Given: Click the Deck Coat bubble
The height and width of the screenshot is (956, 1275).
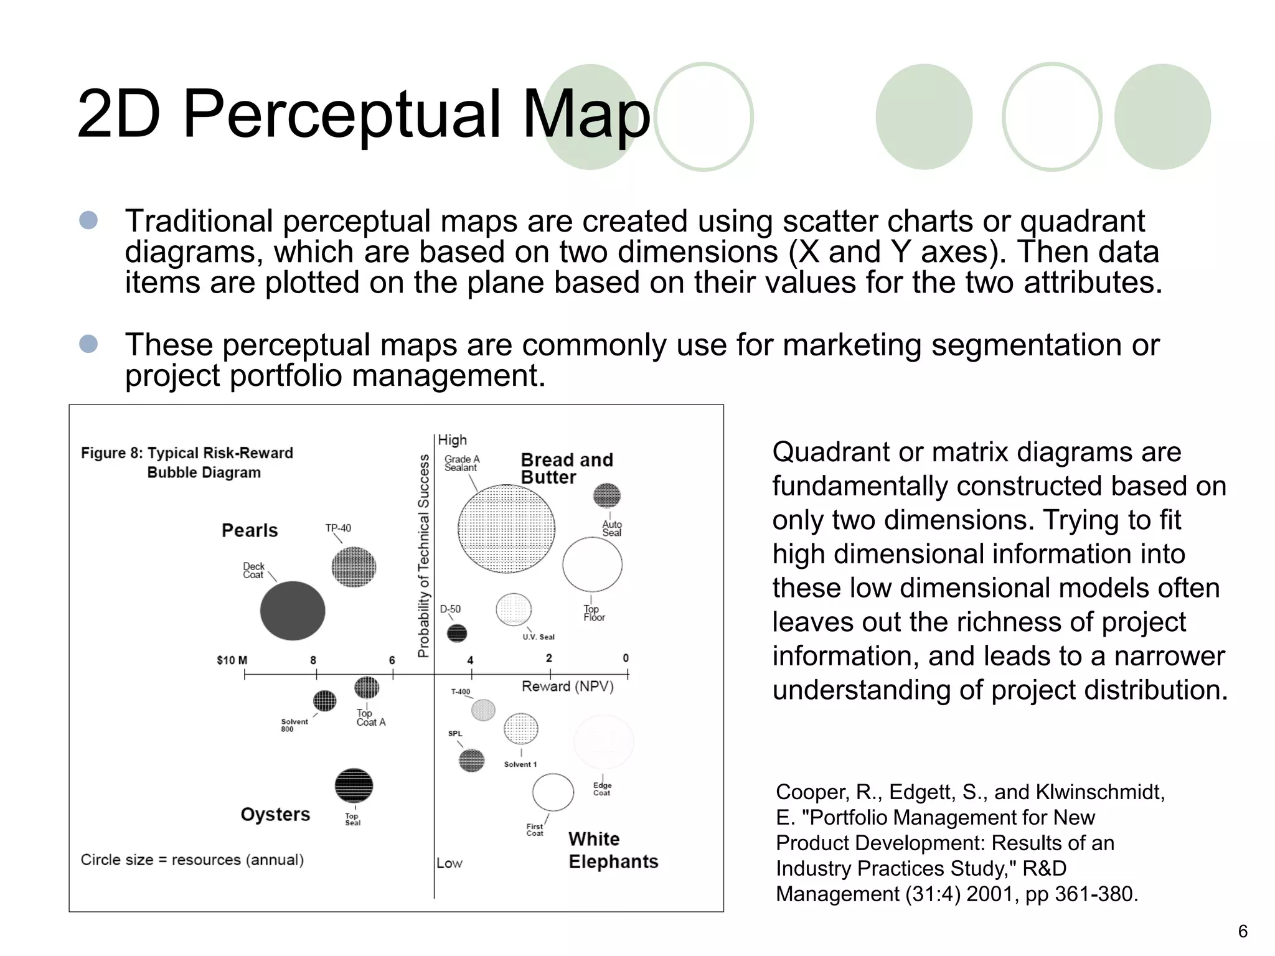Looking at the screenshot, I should tap(292, 611).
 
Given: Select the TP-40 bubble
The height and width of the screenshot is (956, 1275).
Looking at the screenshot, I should tap(354, 566).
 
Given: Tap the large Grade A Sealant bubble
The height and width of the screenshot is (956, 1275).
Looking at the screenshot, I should tap(506, 528).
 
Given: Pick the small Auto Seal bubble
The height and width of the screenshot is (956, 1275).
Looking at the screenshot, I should tap(606, 495).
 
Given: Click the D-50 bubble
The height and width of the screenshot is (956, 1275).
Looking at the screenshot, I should tap(457, 633).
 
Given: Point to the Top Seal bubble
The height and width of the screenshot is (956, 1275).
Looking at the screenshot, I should tap(354, 785).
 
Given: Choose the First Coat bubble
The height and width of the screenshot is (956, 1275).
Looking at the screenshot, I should tap(553, 792).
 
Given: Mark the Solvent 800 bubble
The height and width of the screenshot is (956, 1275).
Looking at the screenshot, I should tap(324, 701).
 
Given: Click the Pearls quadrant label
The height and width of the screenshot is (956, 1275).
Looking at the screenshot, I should tap(250, 530).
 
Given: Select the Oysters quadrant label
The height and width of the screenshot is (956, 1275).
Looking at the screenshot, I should tap(275, 814).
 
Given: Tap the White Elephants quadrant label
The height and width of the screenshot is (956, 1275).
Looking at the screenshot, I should tap(613, 850).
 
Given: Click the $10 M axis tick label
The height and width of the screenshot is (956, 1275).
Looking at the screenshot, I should tap(232, 660).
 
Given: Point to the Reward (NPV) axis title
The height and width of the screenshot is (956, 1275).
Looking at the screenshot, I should tap(567, 687).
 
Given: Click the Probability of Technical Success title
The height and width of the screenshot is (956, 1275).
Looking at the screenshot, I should tap(423, 555).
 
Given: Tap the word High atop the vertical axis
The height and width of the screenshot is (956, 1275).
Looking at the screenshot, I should tap(452, 440).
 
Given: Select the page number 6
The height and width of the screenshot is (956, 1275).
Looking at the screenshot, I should tap(1243, 931).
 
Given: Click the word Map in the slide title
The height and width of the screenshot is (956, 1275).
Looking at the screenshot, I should tap(586, 114).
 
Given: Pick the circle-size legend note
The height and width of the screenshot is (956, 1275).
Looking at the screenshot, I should tap(192, 860).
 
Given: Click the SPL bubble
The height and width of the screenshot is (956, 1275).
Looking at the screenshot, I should tap(471, 760).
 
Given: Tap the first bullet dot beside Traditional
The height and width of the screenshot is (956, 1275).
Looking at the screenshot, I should tap(88, 220).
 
